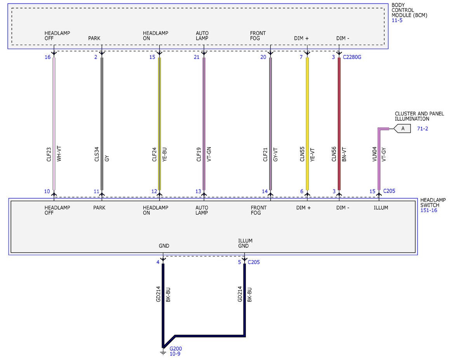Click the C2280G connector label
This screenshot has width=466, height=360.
coord(352,57)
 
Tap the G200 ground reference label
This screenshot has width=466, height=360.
coord(176,349)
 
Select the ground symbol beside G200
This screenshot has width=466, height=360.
coord(163,353)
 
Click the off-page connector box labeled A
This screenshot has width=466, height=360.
coord(402,129)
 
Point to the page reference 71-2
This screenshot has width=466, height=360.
coord(423,129)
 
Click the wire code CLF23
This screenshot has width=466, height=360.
coord(49,155)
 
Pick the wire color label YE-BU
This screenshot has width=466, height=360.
coord(165,155)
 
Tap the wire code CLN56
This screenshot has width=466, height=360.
coord(334,154)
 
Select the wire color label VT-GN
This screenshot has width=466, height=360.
coord(209,154)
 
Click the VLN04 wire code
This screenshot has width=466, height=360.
coord(374,154)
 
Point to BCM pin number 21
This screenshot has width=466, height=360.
coord(196,57)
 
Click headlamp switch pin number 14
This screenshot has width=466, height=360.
coord(264,191)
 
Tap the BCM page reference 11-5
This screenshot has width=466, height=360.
coord(397,20)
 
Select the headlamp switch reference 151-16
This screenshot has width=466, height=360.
coord(429,210)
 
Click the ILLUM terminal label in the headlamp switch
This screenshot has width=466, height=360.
coord(381,208)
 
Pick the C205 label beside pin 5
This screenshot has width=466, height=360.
coord(254,262)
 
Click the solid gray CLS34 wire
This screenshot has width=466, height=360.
coord(102,124)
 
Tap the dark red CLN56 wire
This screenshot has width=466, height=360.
coord(339,124)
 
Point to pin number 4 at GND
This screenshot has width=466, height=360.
coord(158,262)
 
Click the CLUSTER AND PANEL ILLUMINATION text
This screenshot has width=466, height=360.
coord(419,116)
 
